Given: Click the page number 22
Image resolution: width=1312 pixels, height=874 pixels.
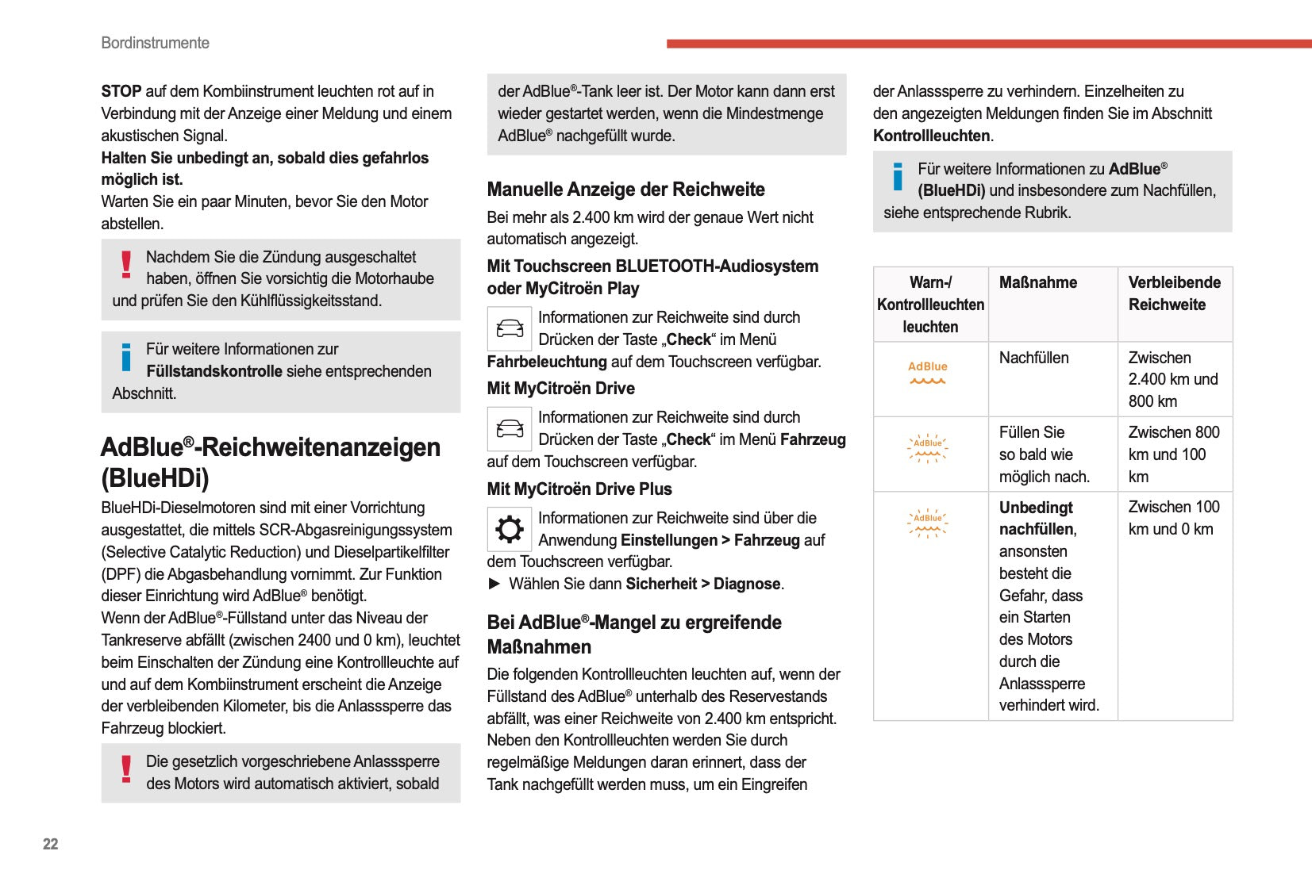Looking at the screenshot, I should click(50, 844).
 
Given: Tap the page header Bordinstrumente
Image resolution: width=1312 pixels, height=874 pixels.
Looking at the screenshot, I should click(155, 43).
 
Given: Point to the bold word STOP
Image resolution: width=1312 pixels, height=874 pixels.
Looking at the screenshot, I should click(121, 91).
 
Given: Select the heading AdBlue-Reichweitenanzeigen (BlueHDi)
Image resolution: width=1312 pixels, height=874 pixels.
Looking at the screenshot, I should click(270, 462).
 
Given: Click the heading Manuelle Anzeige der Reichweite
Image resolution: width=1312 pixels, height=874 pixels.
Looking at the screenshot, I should click(625, 190).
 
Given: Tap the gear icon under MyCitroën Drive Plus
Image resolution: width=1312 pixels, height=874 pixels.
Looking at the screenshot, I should click(509, 529).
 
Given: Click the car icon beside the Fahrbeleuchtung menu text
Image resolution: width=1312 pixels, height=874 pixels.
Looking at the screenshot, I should click(509, 328).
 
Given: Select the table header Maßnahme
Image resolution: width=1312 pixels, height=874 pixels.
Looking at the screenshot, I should click(1037, 282).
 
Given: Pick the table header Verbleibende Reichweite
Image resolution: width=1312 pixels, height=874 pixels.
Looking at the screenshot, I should click(1174, 293).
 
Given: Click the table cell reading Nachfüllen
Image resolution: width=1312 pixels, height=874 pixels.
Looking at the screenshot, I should click(1033, 358).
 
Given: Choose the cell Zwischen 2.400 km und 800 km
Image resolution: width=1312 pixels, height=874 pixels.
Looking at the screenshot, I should click(1172, 379).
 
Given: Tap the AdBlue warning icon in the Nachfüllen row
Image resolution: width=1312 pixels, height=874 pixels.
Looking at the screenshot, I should click(928, 372).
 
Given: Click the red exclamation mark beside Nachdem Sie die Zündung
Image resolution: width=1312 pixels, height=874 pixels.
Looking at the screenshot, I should click(126, 265).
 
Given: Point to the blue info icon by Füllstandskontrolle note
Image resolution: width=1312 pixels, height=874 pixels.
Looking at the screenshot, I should click(126, 358).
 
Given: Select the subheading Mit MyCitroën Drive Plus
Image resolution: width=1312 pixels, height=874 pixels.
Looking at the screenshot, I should click(579, 489).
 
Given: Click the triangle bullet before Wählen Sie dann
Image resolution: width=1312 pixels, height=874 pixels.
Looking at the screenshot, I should click(494, 584).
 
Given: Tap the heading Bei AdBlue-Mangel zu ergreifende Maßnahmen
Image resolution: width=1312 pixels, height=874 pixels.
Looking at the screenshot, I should click(633, 634).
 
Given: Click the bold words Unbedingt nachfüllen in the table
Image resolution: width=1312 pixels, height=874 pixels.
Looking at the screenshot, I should click(1037, 518).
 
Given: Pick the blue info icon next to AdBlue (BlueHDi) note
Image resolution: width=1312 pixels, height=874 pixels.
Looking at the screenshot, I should click(898, 177).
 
